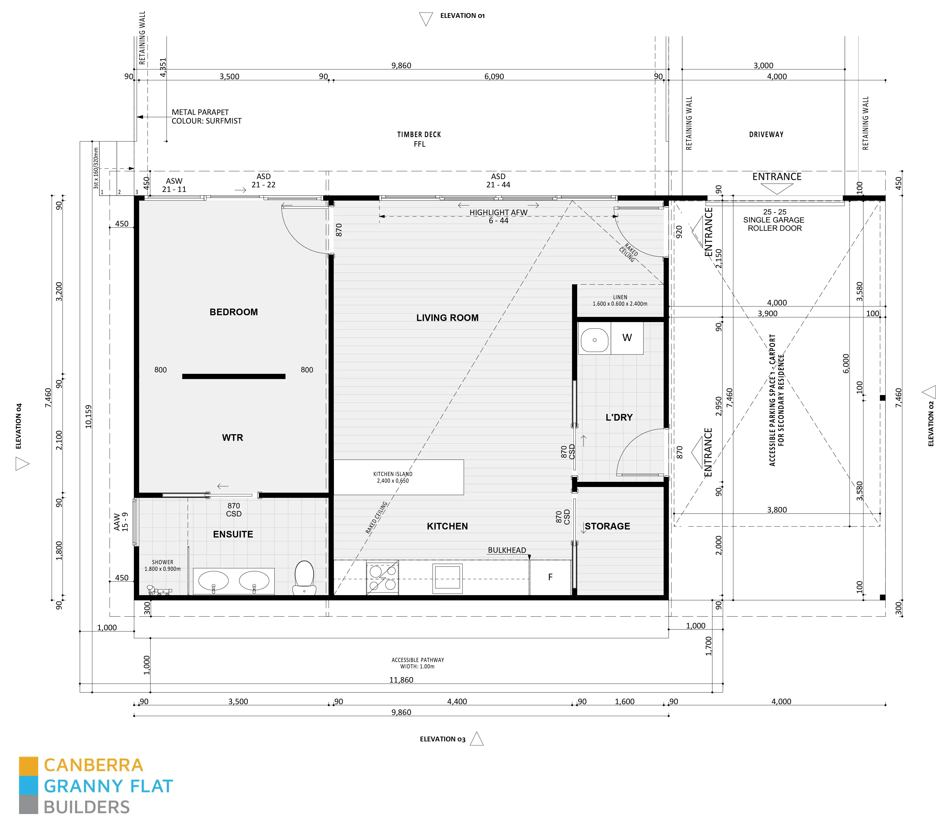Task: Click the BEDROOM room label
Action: (233, 312)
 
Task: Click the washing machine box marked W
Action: (627, 338)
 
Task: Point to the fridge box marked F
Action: (550, 577)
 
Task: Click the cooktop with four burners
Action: (383, 577)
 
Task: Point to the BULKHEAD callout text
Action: (506, 550)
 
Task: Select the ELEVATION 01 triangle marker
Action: (425, 18)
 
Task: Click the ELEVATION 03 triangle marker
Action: (477, 739)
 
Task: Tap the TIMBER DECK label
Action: (419, 135)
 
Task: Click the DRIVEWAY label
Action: (766, 135)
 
